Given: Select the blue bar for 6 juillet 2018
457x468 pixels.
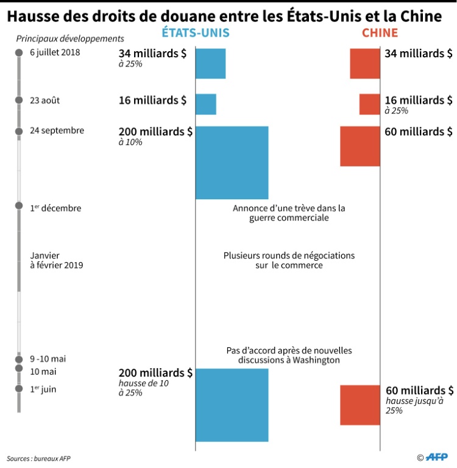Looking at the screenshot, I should [x=210, y=63].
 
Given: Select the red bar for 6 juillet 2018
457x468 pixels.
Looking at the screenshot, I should [x=365, y=63].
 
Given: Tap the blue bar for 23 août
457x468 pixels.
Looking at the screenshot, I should [x=206, y=104].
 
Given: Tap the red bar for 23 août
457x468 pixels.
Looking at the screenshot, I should [x=370, y=104].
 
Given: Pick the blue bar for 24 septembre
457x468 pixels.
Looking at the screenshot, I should [x=232, y=162].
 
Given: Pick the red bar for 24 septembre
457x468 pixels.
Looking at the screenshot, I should [x=360, y=146].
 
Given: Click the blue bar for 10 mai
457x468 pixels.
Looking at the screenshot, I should [x=232, y=405].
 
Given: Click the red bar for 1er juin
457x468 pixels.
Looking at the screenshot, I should [x=360, y=405].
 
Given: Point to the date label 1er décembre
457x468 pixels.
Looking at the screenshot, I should [x=55, y=208].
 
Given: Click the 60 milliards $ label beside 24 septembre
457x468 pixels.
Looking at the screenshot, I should [x=419, y=131].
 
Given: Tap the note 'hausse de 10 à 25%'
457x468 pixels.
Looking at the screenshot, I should [x=144, y=388].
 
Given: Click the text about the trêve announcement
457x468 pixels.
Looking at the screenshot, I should [x=289, y=213].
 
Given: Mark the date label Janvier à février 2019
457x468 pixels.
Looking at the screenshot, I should [x=57, y=260].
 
